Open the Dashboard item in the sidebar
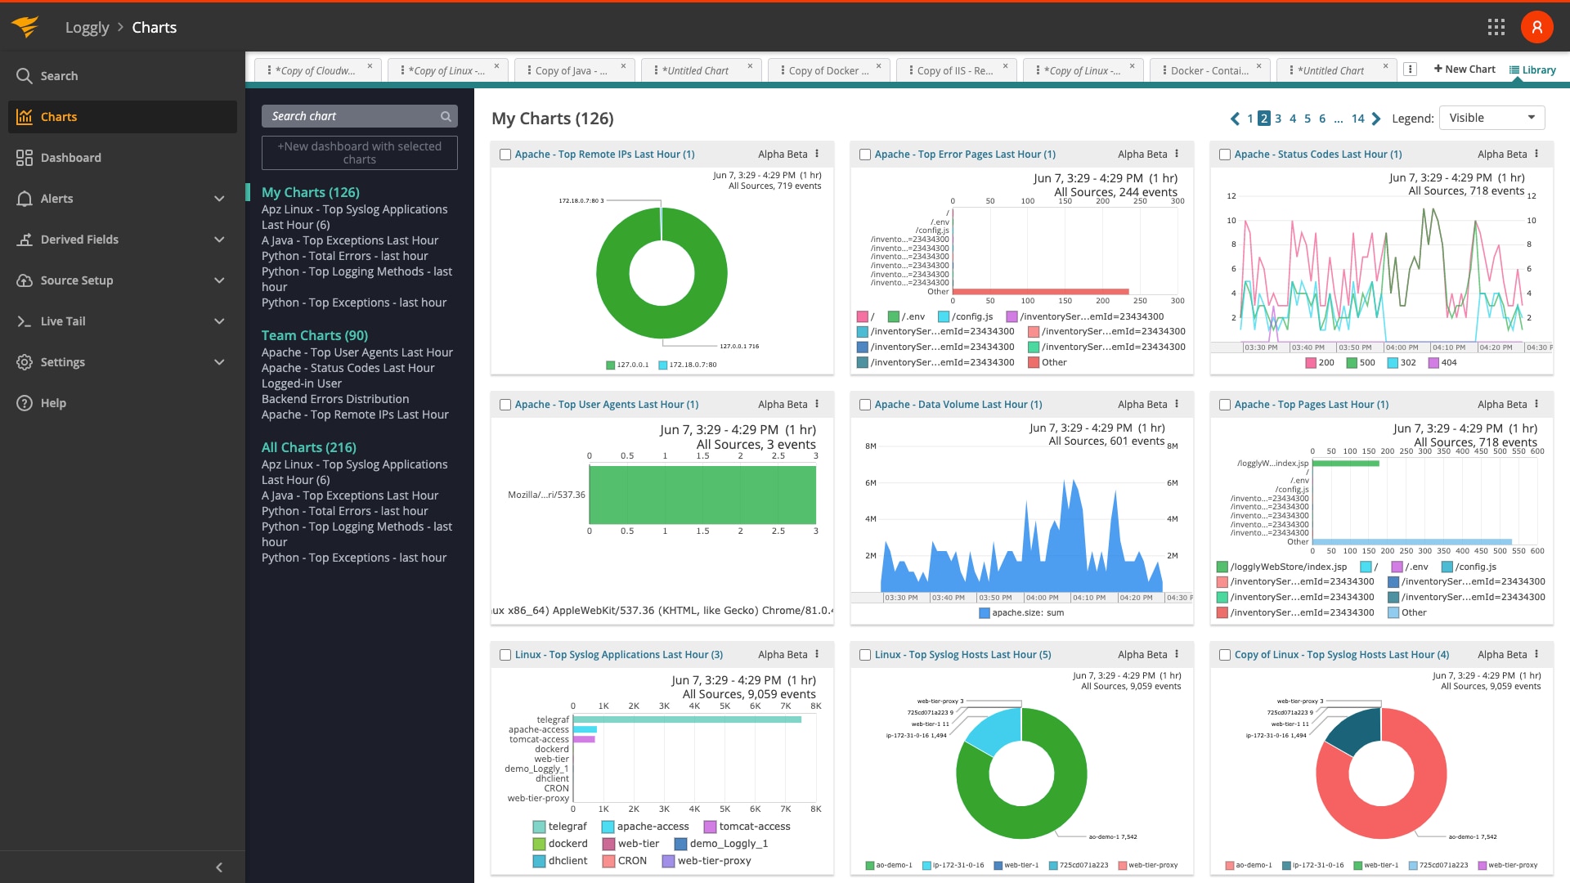tap(70, 158)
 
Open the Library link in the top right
tap(1532, 70)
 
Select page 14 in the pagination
tap(1357, 119)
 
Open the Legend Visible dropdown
tap(1491, 118)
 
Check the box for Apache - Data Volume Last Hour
tap(865, 405)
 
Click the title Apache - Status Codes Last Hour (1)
tap(1317, 154)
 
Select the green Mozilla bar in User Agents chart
tap(702, 495)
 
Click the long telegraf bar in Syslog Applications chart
tap(687, 719)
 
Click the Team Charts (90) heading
tap(314, 335)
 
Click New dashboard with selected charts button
tap(359, 153)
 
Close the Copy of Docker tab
tap(879, 66)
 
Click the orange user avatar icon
tap(1536, 27)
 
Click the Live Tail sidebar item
tap(63, 321)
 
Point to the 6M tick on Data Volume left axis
tap(870, 482)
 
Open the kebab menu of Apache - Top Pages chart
tap(1536, 404)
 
